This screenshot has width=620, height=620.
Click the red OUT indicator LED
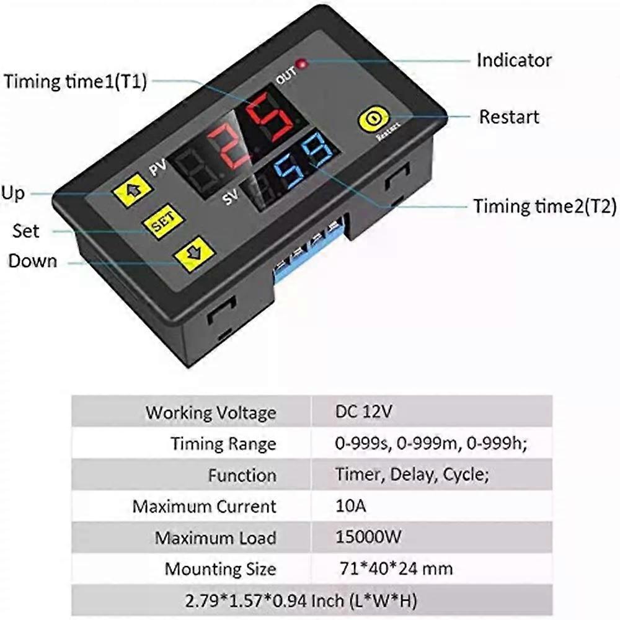(x=303, y=63)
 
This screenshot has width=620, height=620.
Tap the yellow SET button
(x=163, y=222)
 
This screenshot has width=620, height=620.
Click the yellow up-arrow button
(x=133, y=189)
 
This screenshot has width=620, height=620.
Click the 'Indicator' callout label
(x=514, y=61)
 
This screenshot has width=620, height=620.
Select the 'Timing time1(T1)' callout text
(x=75, y=81)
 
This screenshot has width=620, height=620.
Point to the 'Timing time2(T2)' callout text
(x=545, y=206)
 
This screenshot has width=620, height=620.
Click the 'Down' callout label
(x=33, y=261)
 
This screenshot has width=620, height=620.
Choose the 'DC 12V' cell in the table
(x=364, y=412)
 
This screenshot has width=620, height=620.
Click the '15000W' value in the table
(x=368, y=537)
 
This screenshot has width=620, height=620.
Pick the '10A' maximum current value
(x=350, y=506)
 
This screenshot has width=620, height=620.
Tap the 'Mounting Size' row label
(x=220, y=569)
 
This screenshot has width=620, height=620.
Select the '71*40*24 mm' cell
(x=396, y=569)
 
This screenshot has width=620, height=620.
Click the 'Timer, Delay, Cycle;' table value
(x=412, y=474)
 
